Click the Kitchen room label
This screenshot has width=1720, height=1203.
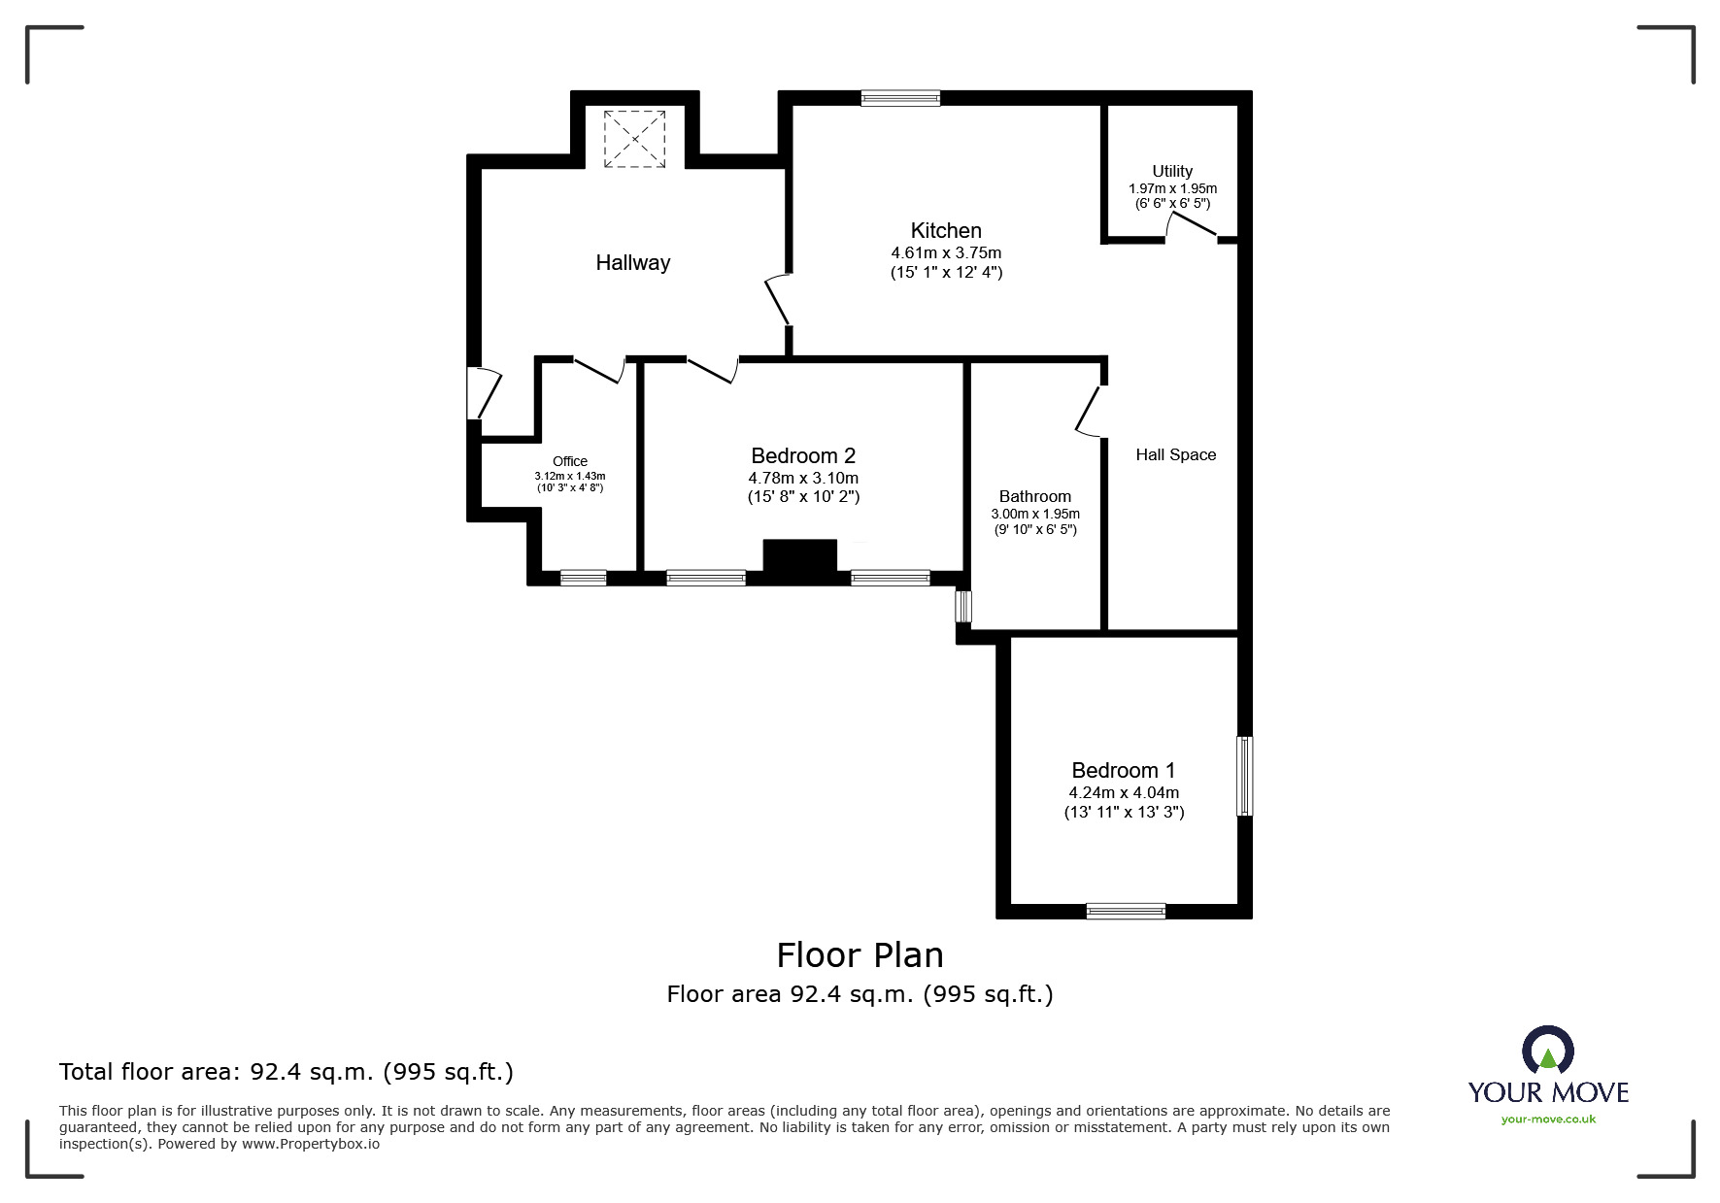click(946, 231)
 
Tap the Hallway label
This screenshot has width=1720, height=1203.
click(633, 263)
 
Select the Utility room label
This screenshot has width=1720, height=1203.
click(1172, 171)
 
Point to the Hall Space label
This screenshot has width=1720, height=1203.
click(1176, 454)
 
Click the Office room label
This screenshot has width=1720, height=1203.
click(570, 461)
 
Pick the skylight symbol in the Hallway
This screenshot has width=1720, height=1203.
click(635, 140)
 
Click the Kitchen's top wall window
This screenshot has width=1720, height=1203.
click(900, 97)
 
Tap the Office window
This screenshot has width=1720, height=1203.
click(584, 578)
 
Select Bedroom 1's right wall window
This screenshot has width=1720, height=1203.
click(1244, 776)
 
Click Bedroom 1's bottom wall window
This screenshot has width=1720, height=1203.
click(1126, 911)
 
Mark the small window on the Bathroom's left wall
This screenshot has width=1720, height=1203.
click(962, 606)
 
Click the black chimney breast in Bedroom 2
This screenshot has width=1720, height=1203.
click(799, 560)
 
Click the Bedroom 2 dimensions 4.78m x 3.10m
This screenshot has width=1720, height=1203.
click(803, 478)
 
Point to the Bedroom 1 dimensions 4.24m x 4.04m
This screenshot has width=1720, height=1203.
click(1124, 792)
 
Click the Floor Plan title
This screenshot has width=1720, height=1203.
click(860, 955)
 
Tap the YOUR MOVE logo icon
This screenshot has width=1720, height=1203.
click(1547, 1051)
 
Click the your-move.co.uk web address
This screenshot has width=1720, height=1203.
click(1548, 1119)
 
